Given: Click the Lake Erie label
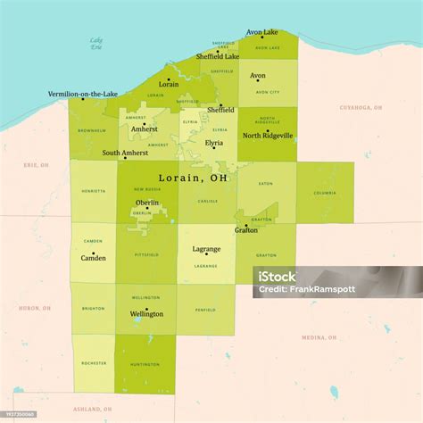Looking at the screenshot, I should pos(96,44).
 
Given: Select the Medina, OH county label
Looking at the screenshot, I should pos(319,337).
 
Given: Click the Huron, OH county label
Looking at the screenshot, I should pos(35,308).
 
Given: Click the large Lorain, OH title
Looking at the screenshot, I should pos(193,178).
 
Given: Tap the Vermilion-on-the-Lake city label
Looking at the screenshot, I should pos(84,94).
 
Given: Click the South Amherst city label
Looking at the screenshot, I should pos(125,153).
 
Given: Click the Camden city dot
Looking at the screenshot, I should pos(93,252).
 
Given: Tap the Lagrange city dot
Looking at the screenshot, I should pos(206,254).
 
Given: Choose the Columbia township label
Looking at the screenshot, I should pos(324,192).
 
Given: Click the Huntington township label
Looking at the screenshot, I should pos(145,363).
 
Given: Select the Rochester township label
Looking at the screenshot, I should pos(94,363).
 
